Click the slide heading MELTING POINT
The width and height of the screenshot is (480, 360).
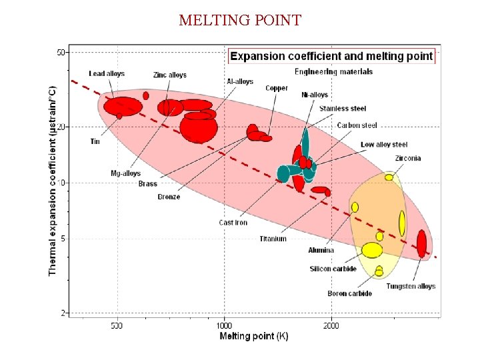click(240, 20)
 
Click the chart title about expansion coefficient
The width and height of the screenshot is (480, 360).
click(331, 56)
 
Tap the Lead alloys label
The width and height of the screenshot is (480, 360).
click(107, 73)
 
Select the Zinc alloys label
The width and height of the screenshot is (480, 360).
click(169, 75)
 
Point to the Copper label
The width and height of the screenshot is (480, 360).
click(277, 88)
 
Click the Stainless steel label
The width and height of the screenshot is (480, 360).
click(343, 109)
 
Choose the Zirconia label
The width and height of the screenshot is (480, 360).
click(407, 159)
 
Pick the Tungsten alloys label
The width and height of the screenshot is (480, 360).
click(411, 286)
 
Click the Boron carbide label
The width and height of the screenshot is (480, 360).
click(349, 293)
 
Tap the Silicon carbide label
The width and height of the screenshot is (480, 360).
click(333, 269)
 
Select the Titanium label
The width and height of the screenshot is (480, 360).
click(273, 239)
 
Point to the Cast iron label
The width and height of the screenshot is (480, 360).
click(233, 223)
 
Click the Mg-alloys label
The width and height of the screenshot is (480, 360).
click(125, 173)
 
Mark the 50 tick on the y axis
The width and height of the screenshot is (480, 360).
click(61, 52)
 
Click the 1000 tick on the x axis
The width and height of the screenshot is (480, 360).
click(223, 326)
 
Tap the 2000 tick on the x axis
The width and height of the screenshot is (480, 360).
click(331, 326)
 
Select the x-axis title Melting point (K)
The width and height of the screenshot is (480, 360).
click(254, 337)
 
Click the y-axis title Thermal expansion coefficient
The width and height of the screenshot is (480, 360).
click(53, 180)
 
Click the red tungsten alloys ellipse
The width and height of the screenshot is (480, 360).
click(421, 243)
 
